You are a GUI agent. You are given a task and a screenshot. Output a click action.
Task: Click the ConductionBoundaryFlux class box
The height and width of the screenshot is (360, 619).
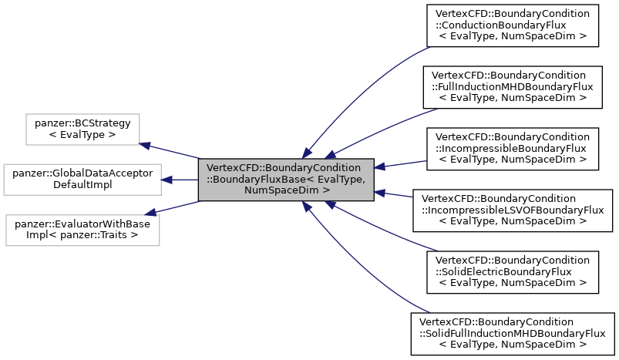coord(512,25)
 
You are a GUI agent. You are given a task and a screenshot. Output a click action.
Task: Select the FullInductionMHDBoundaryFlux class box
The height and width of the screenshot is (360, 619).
coord(512,86)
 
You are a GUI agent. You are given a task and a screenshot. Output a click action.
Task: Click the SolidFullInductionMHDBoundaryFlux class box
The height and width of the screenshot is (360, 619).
coord(513,333)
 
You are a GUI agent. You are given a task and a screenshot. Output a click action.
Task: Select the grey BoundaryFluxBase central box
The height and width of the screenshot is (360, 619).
coord(286,179)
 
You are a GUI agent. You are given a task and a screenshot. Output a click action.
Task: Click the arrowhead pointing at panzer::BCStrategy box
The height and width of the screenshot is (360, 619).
coord(144,144)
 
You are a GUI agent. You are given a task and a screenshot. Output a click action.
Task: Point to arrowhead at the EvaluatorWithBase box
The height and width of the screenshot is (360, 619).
coord(151,212)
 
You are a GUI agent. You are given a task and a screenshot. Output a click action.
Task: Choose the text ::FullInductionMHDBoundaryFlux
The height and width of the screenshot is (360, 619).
coord(512,86)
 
